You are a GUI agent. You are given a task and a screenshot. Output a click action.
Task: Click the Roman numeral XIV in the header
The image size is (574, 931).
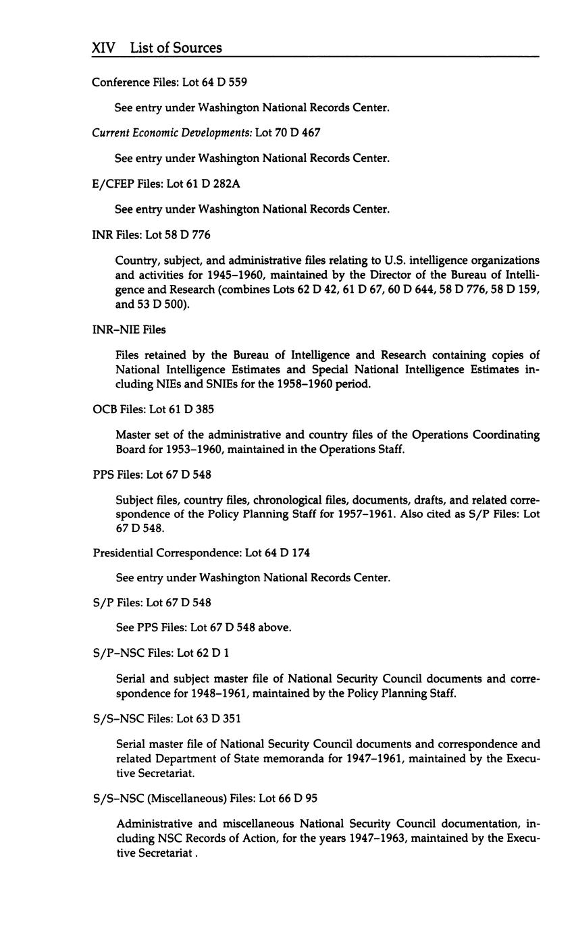[103, 48]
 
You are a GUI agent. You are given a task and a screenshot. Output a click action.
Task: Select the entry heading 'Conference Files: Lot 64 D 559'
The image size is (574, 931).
[169, 82]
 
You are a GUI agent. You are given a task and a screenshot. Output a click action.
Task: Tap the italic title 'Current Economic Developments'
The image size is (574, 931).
[172, 133]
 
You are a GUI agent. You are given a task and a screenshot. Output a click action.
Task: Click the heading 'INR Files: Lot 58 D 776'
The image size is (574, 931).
[151, 235]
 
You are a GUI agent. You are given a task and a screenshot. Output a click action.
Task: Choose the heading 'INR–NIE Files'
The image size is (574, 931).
[129, 329]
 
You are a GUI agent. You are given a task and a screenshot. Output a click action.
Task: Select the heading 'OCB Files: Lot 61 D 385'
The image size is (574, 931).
[153, 409]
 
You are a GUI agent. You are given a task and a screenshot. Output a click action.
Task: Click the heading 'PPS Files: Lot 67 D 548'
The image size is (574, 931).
[152, 475]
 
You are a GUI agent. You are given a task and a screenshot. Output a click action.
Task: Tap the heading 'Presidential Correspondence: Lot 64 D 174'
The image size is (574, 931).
[201, 552]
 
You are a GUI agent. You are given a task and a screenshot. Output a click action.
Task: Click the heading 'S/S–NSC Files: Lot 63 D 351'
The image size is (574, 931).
[167, 718]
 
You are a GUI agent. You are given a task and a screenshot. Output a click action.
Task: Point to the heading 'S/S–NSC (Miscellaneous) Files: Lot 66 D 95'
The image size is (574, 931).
[205, 798]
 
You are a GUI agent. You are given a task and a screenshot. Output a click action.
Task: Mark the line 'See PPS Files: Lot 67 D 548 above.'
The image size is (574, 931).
[203, 627]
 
